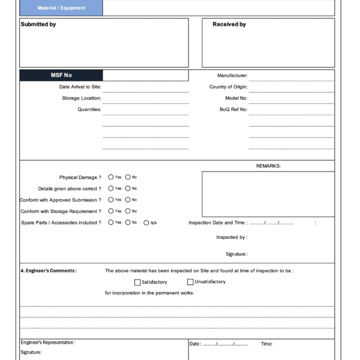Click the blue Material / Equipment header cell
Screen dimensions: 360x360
(x=61, y=8)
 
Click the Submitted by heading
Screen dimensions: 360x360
(x=38, y=25)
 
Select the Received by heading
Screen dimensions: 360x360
(x=229, y=25)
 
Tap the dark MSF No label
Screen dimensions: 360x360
(x=61, y=75)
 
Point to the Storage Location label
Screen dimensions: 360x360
(x=82, y=98)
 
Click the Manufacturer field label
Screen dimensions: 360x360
(x=232, y=76)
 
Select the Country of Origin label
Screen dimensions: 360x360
(x=229, y=87)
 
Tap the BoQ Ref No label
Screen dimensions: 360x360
(x=233, y=110)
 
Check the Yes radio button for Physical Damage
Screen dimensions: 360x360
(x=111, y=177)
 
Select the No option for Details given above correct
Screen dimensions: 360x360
(x=128, y=188)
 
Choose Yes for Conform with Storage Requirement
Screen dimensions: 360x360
(x=111, y=211)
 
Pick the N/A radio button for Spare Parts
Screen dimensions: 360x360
(x=146, y=223)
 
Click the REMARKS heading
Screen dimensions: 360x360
(x=268, y=166)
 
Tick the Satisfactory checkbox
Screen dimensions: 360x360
(x=137, y=282)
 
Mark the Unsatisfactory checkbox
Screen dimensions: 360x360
(x=190, y=282)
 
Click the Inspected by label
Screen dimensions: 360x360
(x=232, y=238)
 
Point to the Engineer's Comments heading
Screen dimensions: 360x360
(x=49, y=271)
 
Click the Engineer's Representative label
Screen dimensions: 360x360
(x=48, y=343)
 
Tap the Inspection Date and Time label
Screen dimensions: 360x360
(x=217, y=223)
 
